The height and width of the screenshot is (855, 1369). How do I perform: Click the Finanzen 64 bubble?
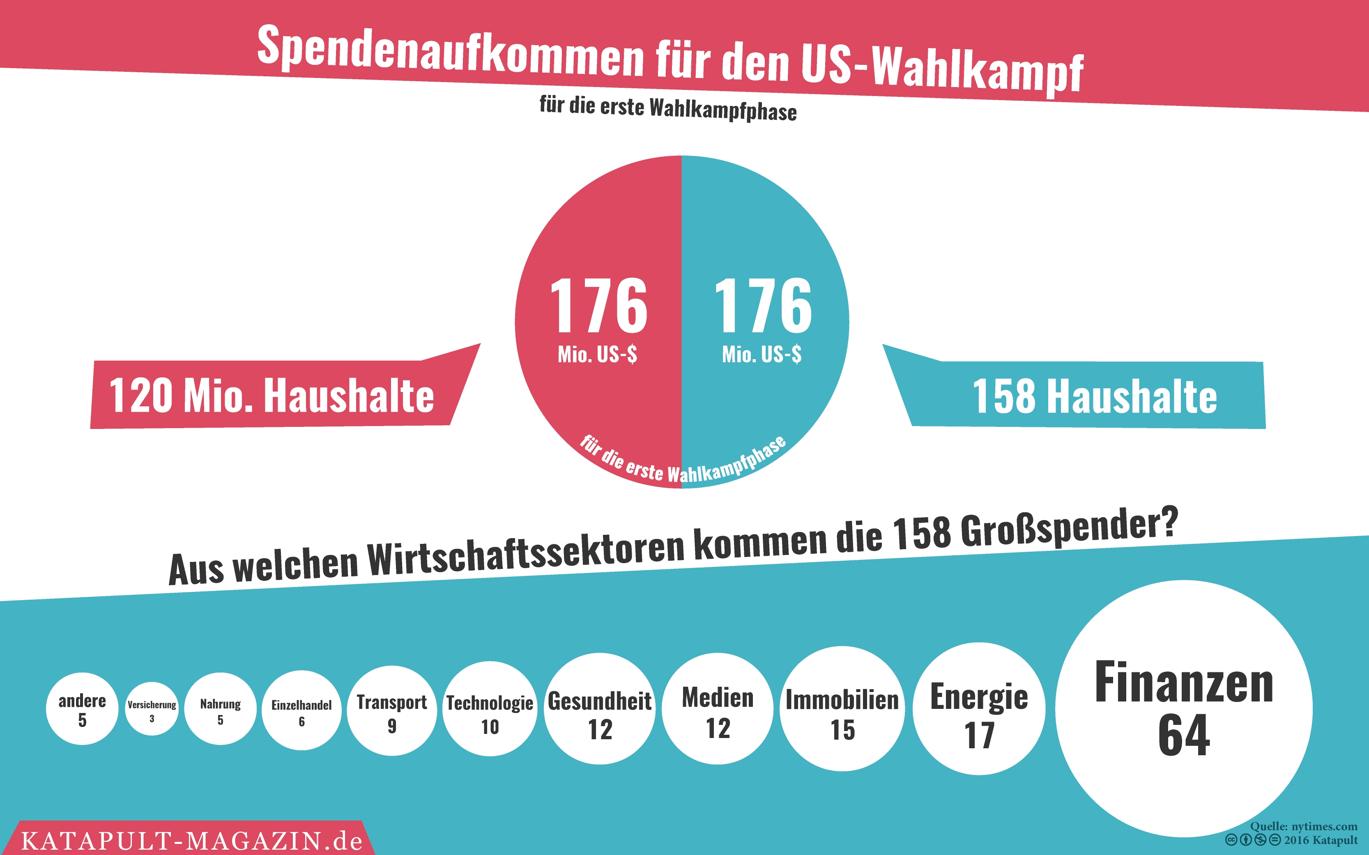(x=1183, y=708)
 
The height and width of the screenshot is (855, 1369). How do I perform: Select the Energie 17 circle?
(x=979, y=708)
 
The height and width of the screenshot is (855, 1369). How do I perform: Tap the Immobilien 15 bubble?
(x=842, y=708)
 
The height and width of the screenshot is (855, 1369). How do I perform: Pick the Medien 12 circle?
(x=717, y=708)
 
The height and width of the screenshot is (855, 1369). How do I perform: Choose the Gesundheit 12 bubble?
(x=600, y=708)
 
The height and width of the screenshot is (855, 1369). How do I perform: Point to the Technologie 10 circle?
(x=490, y=708)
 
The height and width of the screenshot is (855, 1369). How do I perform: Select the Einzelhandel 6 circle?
(x=301, y=710)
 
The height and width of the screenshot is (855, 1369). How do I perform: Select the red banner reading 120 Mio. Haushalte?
(x=271, y=395)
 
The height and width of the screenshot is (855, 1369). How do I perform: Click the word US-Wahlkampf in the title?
(x=941, y=67)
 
